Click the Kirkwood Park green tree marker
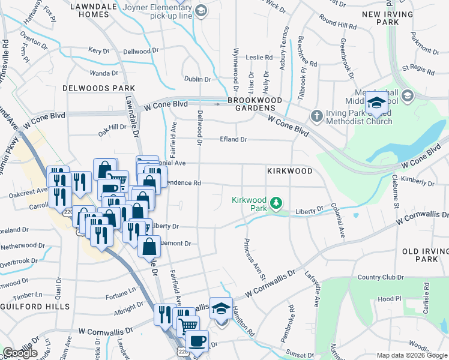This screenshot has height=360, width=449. [276, 203]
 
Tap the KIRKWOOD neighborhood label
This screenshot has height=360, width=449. [290, 171]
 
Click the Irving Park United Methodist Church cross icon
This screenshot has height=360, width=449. [317, 115]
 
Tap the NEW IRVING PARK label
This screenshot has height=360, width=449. [388, 18]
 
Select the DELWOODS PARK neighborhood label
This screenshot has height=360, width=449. [98, 88]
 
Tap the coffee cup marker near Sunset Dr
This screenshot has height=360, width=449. [196, 341]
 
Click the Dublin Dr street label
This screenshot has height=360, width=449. [197, 79]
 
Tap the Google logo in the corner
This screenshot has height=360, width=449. [20, 353]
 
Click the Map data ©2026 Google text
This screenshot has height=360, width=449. [412, 355]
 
